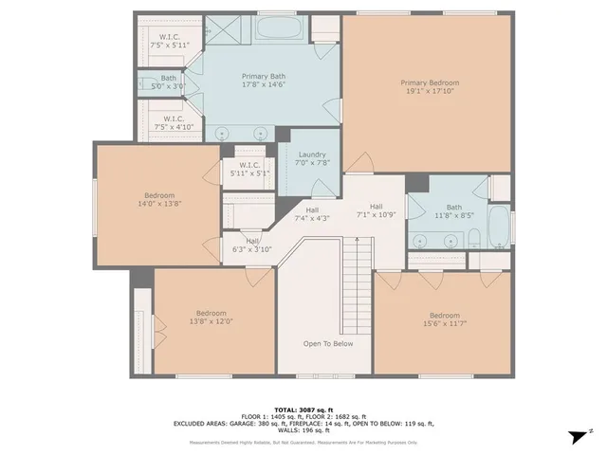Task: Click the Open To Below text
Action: pyautogui.click(x=327, y=343)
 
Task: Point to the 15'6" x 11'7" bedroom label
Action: pyautogui.click(x=444, y=320)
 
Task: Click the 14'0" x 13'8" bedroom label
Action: pyautogui.click(x=159, y=200)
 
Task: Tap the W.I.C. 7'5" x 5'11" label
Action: pyautogui.click(x=170, y=39)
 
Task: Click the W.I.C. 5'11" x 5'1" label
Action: pyautogui.click(x=249, y=169)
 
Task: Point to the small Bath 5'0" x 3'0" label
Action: pyautogui.click(x=169, y=82)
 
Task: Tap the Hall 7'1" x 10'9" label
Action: pyautogui.click(x=376, y=210)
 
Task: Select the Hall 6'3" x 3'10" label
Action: pyautogui.click(x=252, y=246)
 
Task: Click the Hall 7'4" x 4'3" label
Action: pyautogui.click(x=312, y=214)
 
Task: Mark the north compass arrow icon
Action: pyautogui.click(x=573, y=437)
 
